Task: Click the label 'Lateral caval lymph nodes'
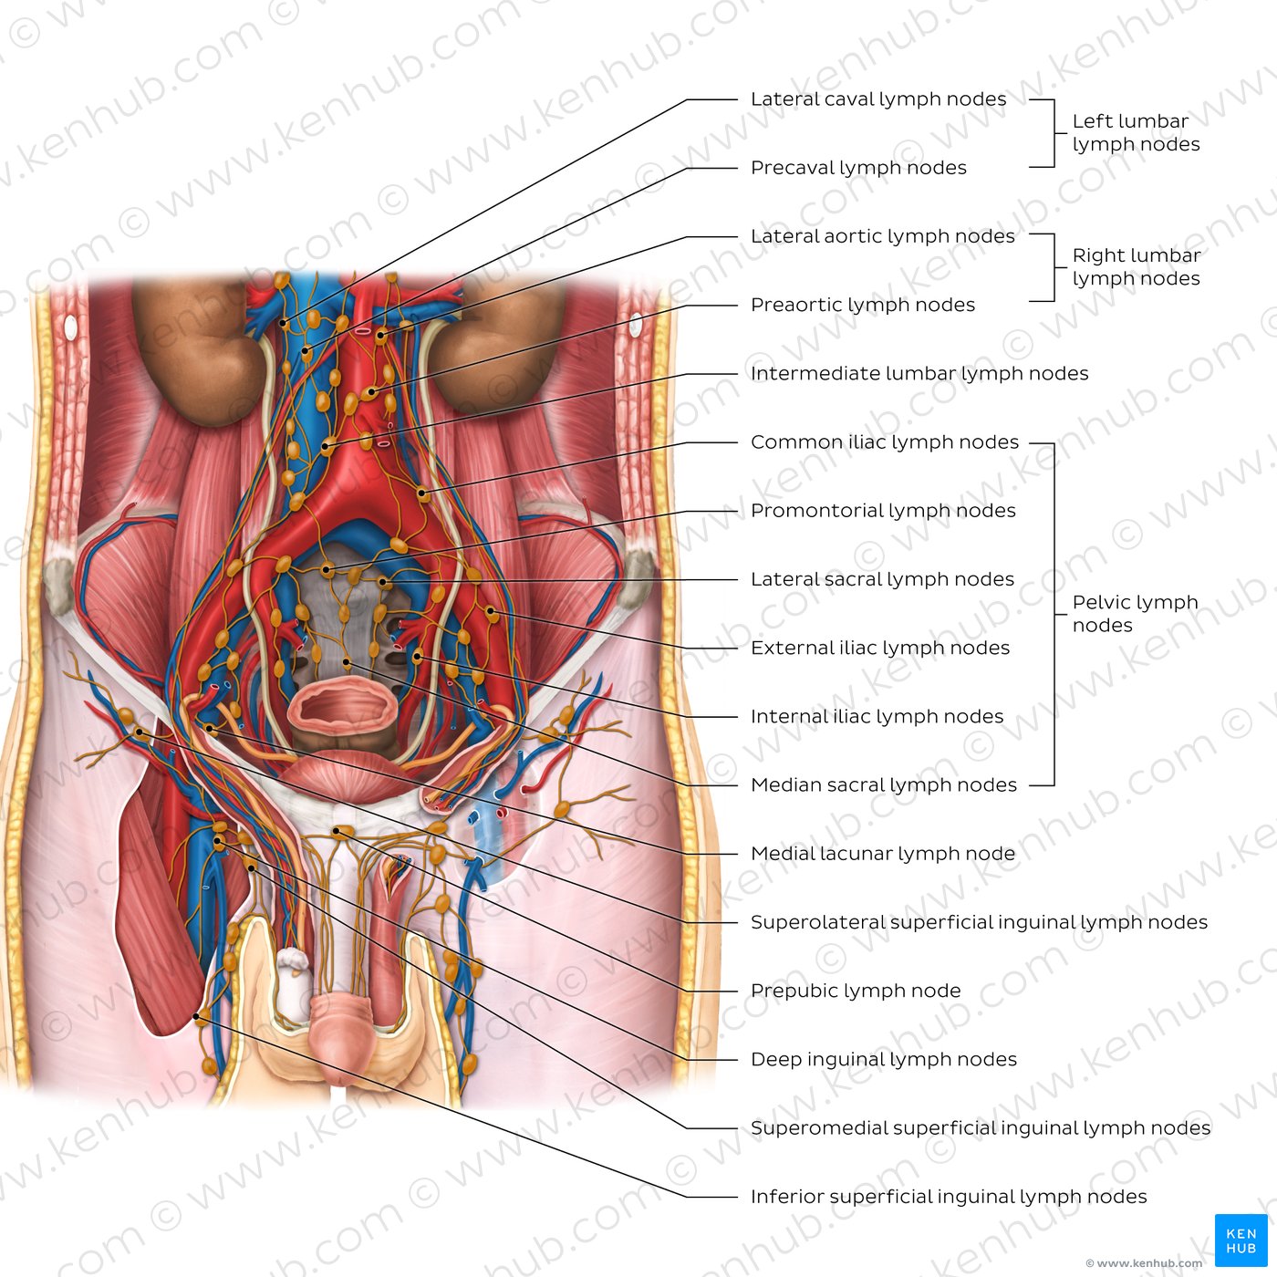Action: coord(878,99)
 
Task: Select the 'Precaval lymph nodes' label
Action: coord(858,168)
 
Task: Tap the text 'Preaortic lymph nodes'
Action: coord(862,305)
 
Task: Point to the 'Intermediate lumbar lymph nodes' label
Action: coord(919,374)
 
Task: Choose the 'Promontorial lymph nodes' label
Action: coord(883,511)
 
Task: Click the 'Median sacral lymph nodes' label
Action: coord(883,785)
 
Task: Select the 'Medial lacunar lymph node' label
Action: coord(882,854)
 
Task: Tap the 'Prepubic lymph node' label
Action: coord(855,991)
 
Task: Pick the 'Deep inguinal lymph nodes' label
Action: coord(883,1060)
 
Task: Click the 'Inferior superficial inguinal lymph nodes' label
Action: coord(949,1197)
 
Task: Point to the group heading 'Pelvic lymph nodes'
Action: coord(1136,614)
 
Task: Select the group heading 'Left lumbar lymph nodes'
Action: coord(1136,132)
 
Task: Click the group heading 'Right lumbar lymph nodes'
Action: coord(1137,267)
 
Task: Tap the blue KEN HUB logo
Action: coord(1241,1241)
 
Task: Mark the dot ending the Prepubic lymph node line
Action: coord(336,831)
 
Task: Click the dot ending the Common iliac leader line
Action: coord(421,493)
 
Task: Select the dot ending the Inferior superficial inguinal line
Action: coord(195,1016)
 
